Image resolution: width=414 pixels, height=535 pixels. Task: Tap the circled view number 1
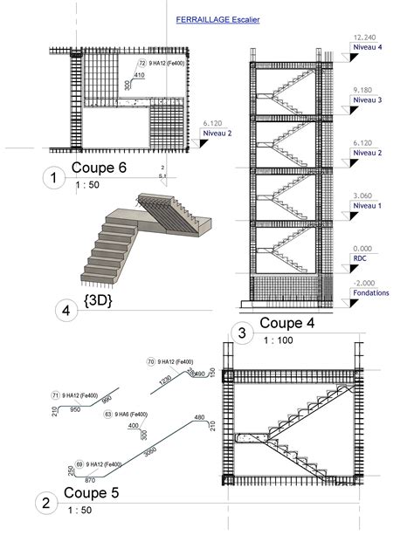click(55, 179)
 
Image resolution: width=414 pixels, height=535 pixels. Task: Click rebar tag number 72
click(142, 63)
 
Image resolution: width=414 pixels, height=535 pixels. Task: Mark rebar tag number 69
click(79, 464)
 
